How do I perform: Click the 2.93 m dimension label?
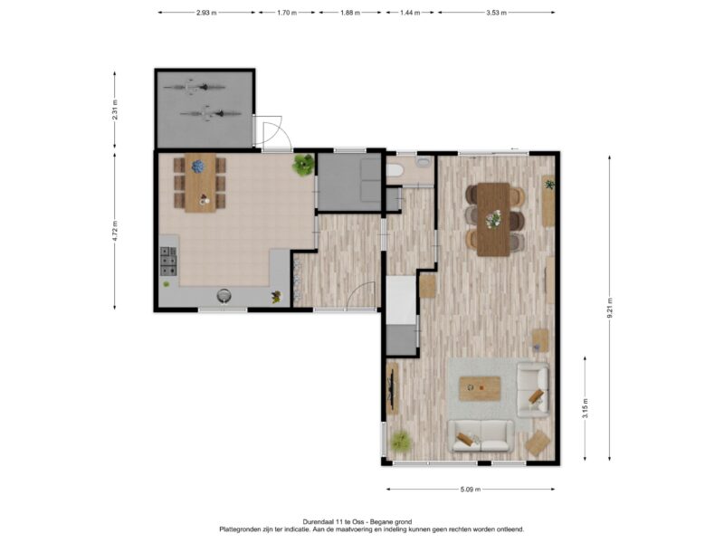tap(206, 13)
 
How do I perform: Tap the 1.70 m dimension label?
tap(287, 13)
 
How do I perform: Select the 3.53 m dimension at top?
tap(496, 13)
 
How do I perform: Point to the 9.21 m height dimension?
tap(609, 308)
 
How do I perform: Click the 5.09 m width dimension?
tap(471, 489)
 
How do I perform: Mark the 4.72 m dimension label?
tap(115, 231)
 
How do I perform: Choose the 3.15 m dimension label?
tap(585, 408)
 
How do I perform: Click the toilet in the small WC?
tap(395, 171)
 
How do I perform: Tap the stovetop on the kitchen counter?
tap(168, 262)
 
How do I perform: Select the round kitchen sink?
tap(224, 296)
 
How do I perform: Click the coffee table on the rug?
tap(480, 389)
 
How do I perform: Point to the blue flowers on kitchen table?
tap(198, 167)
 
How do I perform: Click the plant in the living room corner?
tap(401, 441)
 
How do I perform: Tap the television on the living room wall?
tap(392, 388)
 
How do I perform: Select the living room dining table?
tap(493, 219)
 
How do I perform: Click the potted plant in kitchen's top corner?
tap(303, 165)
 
